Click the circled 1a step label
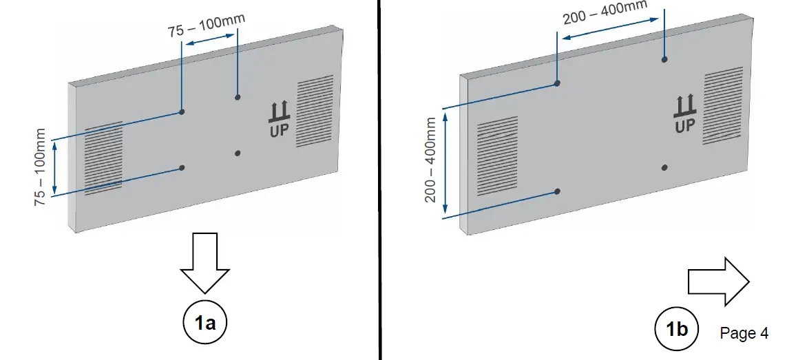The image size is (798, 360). [x=204, y=321]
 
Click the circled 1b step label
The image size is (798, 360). [x=676, y=330]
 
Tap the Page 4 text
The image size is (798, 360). [x=744, y=333]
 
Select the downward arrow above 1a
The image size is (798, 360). [x=204, y=264]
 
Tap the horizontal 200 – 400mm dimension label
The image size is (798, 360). [x=605, y=12]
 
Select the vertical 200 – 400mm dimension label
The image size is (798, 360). [x=431, y=160]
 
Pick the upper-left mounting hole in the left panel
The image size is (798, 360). [x=182, y=112]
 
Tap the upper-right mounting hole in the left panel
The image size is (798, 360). [x=237, y=97]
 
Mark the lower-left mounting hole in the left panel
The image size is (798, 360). [x=182, y=167]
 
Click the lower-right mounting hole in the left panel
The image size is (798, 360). [x=237, y=152]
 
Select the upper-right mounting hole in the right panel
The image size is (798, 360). [x=664, y=61]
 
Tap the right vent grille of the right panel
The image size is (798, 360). [x=722, y=105]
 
